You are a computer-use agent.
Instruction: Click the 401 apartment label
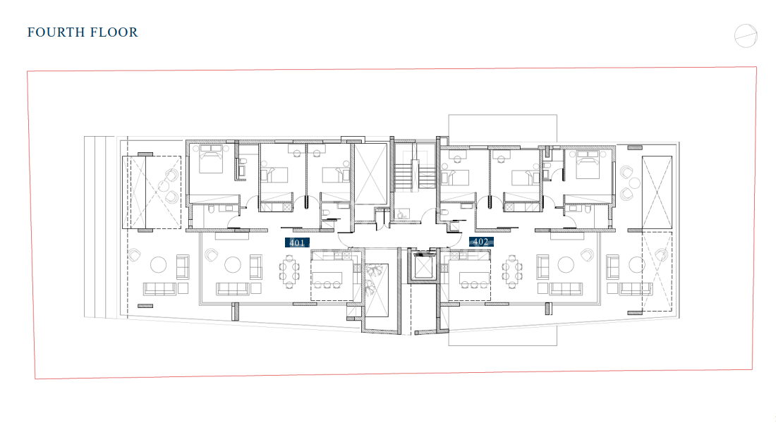tap(297, 242)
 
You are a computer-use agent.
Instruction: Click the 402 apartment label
tap(481, 242)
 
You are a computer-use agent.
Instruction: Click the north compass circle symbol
tap(746, 36)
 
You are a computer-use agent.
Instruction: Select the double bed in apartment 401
tap(212, 158)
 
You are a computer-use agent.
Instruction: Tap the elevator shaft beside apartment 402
tap(423, 267)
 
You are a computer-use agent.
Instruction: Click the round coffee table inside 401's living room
tap(233, 265)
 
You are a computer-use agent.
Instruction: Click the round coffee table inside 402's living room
tap(566, 265)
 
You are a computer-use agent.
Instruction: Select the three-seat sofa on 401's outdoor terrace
tap(159, 289)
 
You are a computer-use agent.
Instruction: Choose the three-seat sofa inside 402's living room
tap(566, 289)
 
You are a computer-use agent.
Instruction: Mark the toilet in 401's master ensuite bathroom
tap(212, 209)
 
